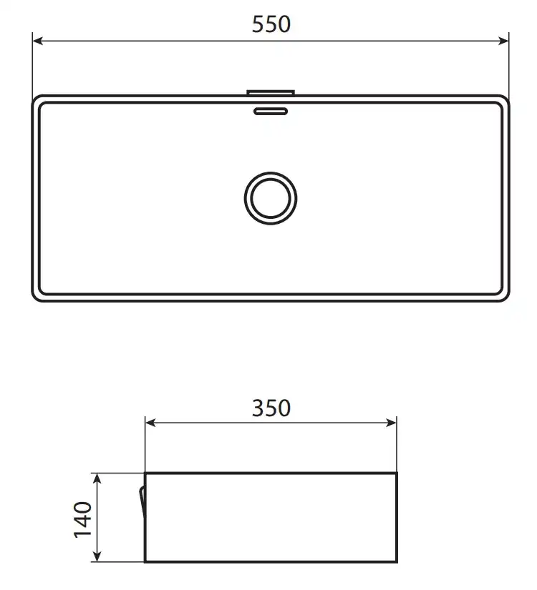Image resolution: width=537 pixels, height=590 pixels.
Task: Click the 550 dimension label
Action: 271,24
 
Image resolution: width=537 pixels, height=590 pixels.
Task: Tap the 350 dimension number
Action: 271,408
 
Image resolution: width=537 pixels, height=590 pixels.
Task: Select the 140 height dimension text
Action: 83,520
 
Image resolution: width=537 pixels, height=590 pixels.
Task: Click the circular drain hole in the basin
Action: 271,198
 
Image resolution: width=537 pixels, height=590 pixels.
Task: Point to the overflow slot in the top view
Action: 271,111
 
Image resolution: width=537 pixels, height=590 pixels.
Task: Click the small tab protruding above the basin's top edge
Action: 271,92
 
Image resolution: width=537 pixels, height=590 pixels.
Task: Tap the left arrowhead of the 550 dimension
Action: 38,41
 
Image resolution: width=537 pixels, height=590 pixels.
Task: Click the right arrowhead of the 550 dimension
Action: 503,41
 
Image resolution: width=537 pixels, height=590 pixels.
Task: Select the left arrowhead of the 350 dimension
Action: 150,423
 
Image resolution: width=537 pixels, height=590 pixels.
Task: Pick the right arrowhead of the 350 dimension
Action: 391,423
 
